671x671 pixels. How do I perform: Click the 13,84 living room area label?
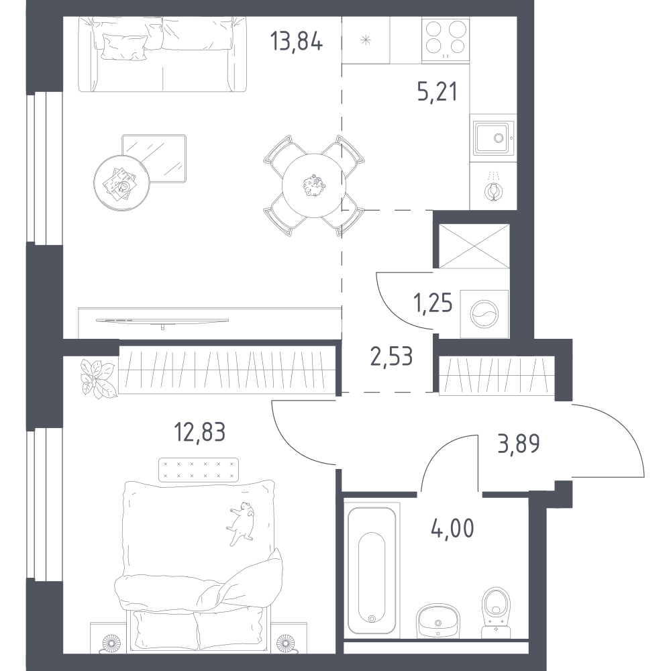pos(296,42)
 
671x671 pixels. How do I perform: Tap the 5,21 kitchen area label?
pos(437,91)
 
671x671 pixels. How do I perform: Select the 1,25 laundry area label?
pos(433,303)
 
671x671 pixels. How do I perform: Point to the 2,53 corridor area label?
pos(392,356)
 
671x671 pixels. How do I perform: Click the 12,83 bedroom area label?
pos(199,431)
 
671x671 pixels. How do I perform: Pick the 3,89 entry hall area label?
pos(519,444)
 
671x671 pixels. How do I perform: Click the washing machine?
pos(484,313)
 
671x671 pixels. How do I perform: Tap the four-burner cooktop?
pos(446,40)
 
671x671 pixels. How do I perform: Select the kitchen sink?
pos(493,138)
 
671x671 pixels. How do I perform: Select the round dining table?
pos(314,185)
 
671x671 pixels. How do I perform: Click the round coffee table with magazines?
pos(122,183)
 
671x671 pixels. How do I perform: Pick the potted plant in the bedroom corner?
pos(98,378)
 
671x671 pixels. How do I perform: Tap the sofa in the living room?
pos(162,54)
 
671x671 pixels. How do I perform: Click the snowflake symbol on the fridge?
pos(366,41)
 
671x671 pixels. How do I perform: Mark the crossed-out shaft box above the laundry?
pos(474,246)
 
